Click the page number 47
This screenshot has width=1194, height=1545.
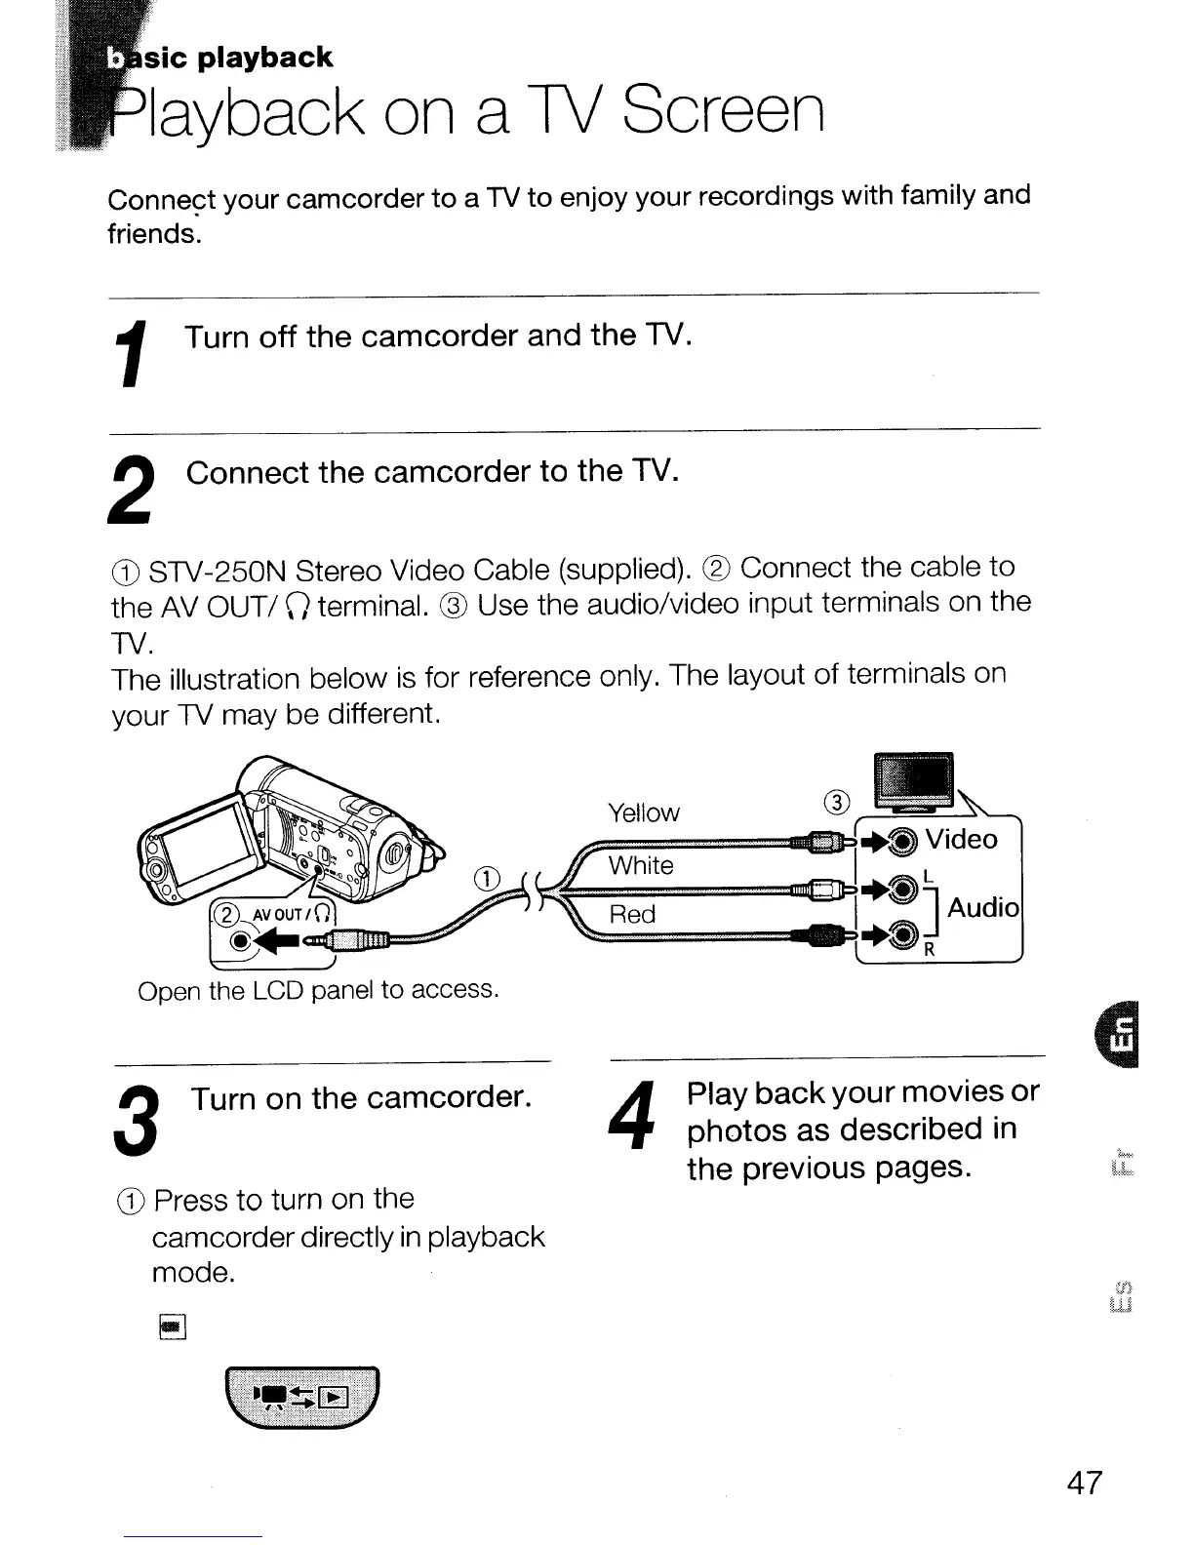coord(1084,1484)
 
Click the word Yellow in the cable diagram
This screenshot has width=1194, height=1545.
coord(644,812)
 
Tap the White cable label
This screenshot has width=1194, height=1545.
coord(641,865)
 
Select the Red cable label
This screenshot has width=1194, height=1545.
coord(632,914)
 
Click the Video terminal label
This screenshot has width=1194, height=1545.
coord(961,839)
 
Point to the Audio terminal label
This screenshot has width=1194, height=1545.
coord(982,907)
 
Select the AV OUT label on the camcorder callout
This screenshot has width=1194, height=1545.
coord(278,914)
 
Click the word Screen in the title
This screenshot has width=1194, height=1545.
coord(723,112)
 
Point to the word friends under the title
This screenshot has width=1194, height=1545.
coord(152,234)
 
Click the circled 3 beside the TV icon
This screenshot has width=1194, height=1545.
coord(837,803)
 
